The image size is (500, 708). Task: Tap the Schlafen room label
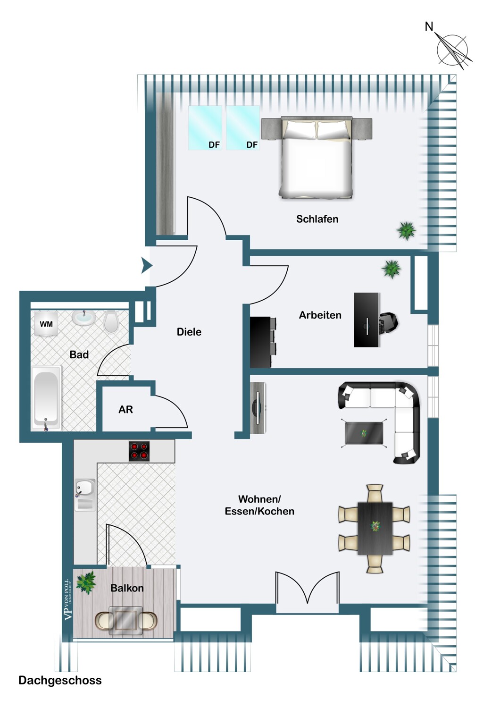[x=317, y=219]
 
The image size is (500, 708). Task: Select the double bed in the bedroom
[x=317, y=157]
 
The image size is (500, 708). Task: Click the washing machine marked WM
[x=46, y=324]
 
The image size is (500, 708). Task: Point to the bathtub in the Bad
[x=46, y=397]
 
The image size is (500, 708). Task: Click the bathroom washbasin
[x=83, y=317]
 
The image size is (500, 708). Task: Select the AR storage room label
[x=125, y=410]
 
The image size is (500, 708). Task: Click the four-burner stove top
[x=139, y=451]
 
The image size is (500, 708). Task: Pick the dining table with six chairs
[x=374, y=529]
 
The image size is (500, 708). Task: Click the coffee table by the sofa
[x=364, y=433]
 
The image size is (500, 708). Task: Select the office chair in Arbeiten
[x=388, y=323]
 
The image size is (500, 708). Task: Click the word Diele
[x=189, y=332]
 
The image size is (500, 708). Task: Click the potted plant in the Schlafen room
[x=406, y=231]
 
